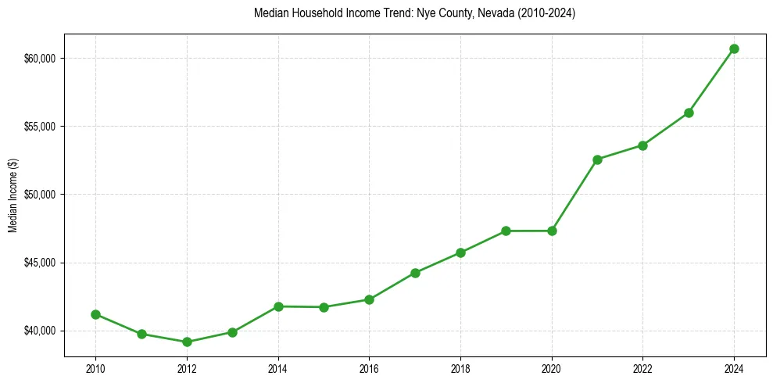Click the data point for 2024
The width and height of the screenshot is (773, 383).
734,48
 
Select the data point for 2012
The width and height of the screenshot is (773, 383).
187,342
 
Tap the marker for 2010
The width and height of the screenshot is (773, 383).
95,314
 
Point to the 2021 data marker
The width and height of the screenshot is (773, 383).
597,159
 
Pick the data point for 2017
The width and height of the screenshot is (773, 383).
415,273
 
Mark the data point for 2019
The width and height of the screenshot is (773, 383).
506,231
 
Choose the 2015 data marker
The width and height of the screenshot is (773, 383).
324,307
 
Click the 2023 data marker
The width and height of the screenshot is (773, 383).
689,113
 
